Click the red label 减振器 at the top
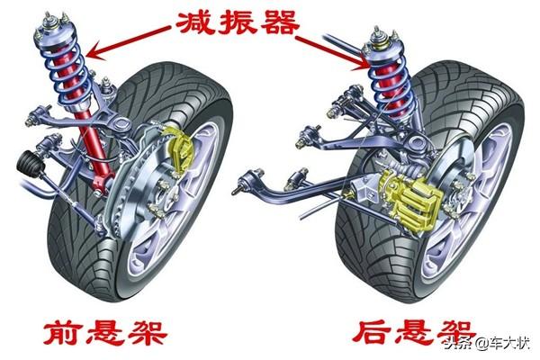click(x=238, y=23)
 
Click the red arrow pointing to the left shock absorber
click(x=129, y=42)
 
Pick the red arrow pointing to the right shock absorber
click(x=333, y=52)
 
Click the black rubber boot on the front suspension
click(x=31, y=165)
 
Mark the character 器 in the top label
click(x=280, y=23)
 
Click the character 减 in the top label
click(x=195, y=23)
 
